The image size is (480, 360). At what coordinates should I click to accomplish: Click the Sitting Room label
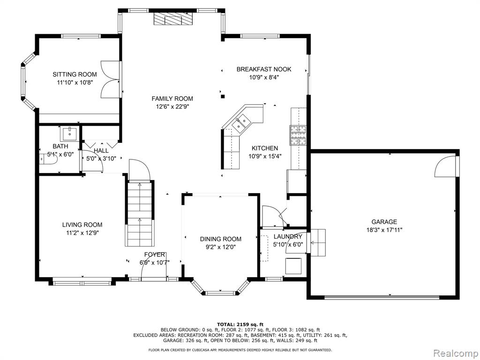[x=75, y=75]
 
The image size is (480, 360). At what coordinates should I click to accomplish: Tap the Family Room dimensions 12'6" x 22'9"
[x=172, y=107]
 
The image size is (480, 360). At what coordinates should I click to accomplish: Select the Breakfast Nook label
[x=264, y=69]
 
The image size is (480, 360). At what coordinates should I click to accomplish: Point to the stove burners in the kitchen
[x=298, y=135]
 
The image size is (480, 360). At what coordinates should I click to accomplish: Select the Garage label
[x=384, y=222]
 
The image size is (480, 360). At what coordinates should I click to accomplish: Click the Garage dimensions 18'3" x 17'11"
[x=384, y=230]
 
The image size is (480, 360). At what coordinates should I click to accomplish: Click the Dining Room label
[x=221, y=239]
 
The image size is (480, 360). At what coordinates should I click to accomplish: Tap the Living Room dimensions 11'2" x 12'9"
[x=82, y=232]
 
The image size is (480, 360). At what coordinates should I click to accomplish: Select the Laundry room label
[x=288, y=237]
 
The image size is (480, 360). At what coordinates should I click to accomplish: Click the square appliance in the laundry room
[x=293, y=266]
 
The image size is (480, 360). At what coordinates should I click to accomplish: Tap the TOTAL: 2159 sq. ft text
[x=240, y=324]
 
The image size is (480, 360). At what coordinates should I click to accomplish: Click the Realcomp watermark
[x=456, y=353]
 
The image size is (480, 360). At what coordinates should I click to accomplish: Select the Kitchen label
[x=265, y=149]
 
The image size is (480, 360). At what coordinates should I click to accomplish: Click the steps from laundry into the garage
[x=318, y=242]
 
